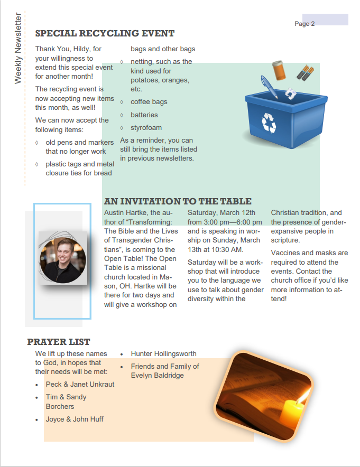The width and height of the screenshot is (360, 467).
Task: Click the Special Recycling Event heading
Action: (x=105, y=33)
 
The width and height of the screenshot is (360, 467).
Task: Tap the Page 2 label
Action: (x=304, y=24)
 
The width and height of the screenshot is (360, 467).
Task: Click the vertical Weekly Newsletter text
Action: (x=18, y=48)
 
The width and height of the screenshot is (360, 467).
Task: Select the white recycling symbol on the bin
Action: (x=269, y=122)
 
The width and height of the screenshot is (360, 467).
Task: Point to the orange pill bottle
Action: (x=279, y=70)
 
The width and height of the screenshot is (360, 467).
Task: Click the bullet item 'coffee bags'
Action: (x=149, y=102)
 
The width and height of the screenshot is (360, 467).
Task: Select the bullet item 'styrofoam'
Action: (x=146, y=127)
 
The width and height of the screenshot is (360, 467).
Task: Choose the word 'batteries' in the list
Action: (x=144, y=115)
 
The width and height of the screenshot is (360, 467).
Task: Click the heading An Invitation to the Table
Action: (x=178, y=201)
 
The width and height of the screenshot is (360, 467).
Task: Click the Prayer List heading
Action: (x=59, y=342)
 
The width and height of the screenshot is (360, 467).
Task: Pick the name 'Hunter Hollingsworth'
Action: (x=163, y=353)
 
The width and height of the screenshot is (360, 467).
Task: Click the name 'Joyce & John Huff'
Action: (x=75, y=419)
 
